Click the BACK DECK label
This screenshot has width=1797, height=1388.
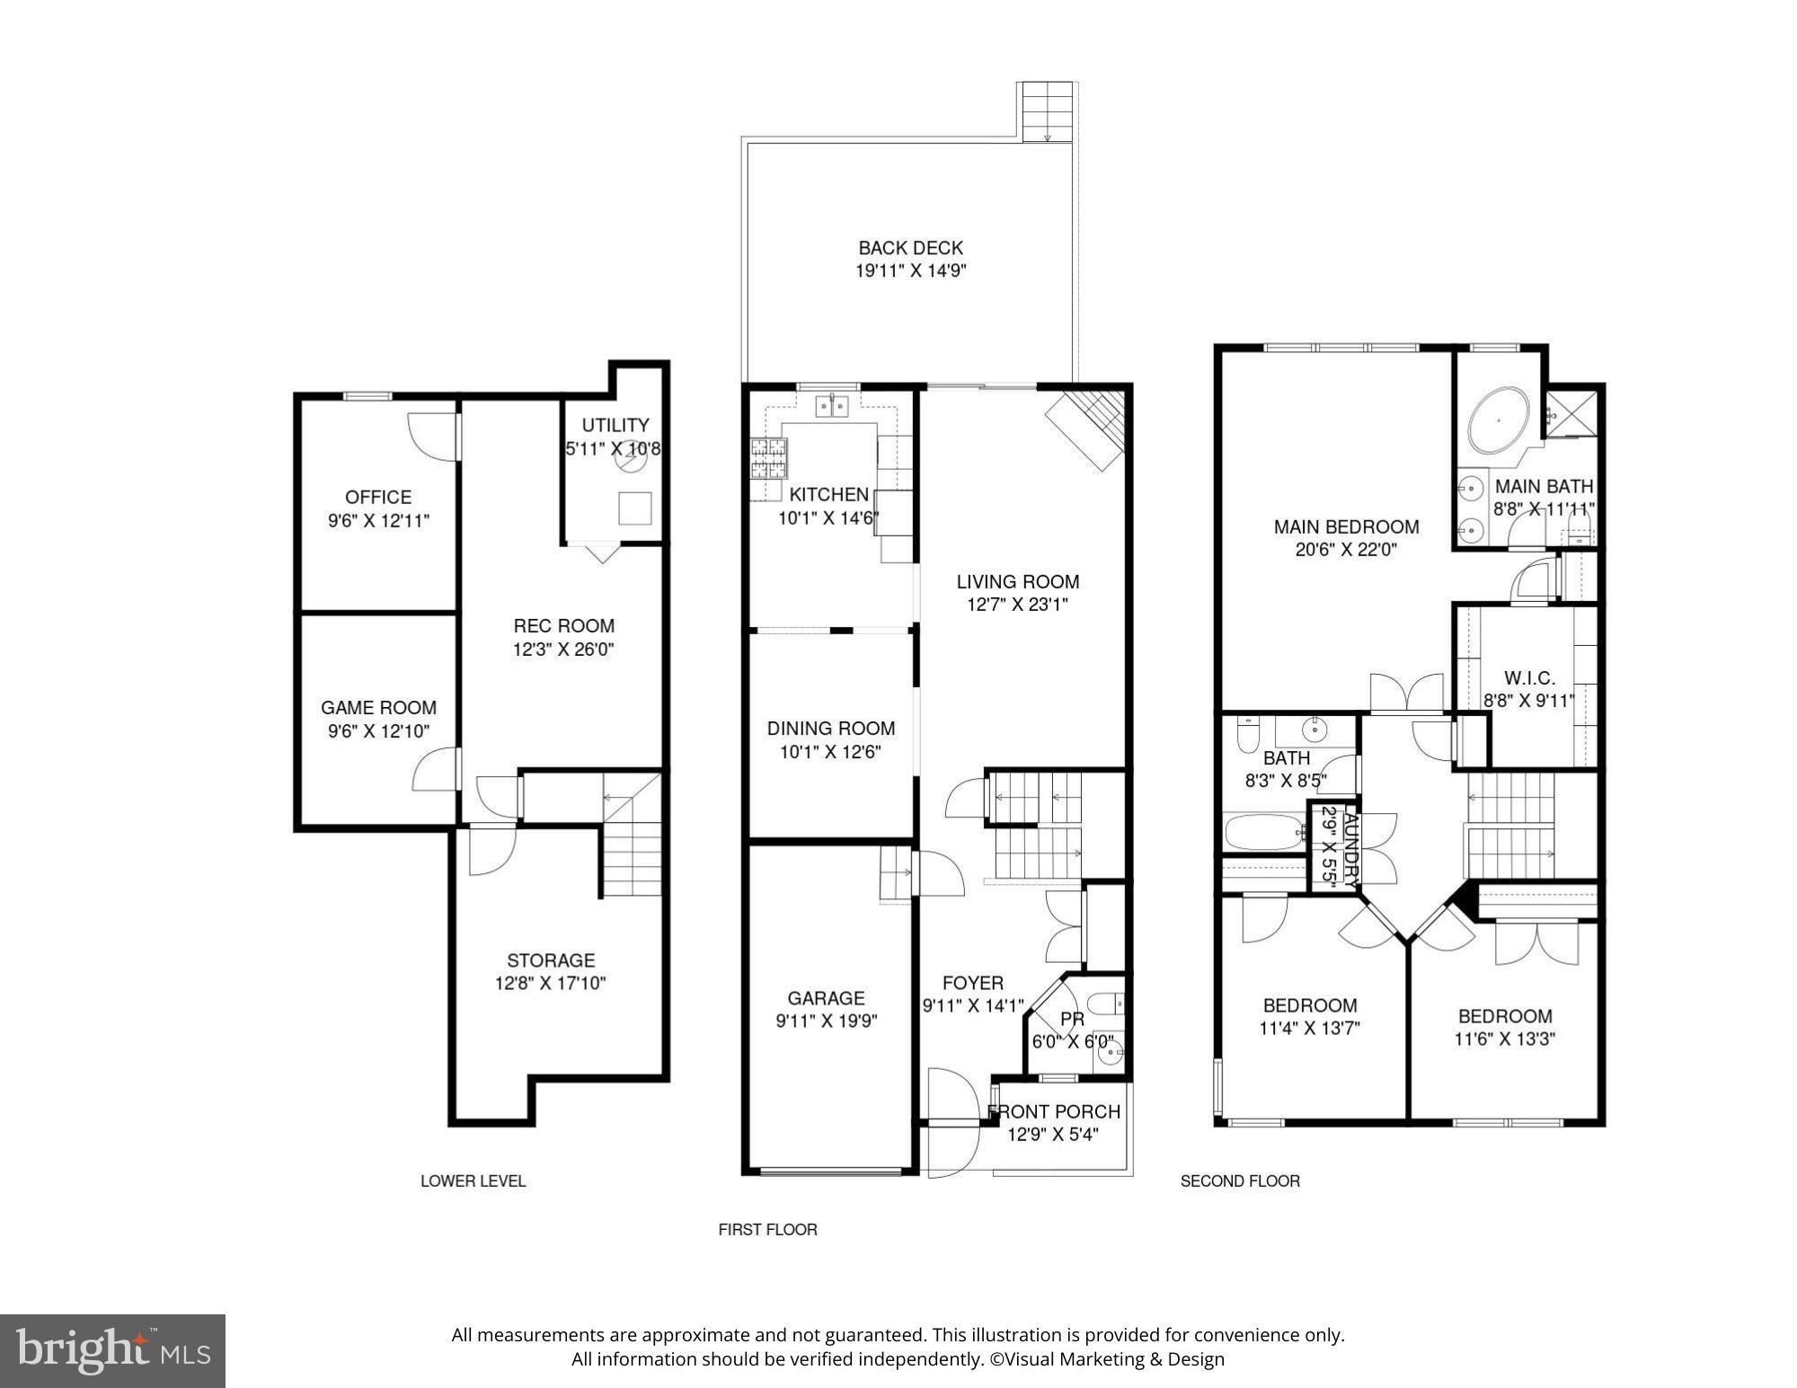click(x=910, y=248)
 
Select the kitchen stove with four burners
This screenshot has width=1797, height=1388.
click(x=769, y=457)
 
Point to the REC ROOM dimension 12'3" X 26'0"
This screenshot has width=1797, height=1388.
click(x=563, y=650)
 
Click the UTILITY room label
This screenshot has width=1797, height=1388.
click(x=615, y=425)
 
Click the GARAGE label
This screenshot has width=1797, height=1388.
click(x=826, y=998)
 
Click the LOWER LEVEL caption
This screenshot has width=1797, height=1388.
click(x=473, y=1181)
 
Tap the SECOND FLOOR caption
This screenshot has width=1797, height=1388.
click(x=1240, y=1181)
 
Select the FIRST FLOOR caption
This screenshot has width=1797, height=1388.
click(x=767, y=1230)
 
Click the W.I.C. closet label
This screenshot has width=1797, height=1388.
click(x=1529, y=678)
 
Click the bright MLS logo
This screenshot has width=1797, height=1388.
click(x=112, y=1350)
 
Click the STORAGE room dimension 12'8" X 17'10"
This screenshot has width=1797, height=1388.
click(x=550, y=984)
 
